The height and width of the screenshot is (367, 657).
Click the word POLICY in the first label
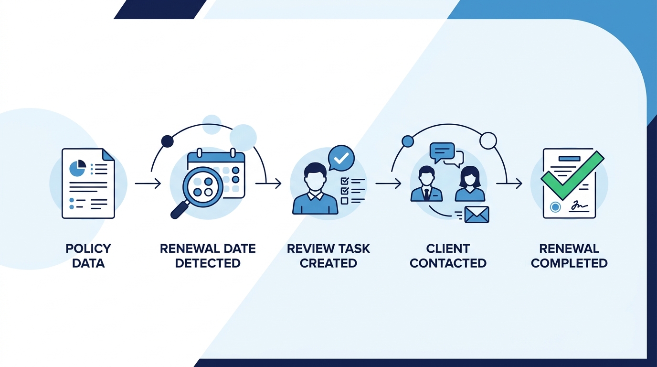(88, 248)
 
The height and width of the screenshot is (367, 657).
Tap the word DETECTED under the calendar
(208, 263)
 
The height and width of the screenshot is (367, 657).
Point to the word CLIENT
(448, 248)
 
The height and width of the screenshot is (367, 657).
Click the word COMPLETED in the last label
(569, 263)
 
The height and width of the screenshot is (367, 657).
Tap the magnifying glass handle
(180, 209)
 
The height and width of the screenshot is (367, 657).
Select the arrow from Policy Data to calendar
(148, 183)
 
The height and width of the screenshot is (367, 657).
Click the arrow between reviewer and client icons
(388, 183)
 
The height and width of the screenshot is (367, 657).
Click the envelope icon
(477, 215)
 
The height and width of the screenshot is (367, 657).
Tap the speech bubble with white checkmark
(341, 158)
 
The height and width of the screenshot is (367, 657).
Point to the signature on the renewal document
(579, 206)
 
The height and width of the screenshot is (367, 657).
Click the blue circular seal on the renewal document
(555, 207)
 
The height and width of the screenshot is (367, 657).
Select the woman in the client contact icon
(470, 184)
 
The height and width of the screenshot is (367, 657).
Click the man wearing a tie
(427, 184)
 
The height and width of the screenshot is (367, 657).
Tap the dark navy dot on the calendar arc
(168, 141)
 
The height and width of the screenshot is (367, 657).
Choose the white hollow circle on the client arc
(488, 140)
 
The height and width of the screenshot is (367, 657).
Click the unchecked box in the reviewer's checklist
(344, 201)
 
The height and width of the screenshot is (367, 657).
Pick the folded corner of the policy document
(108, 154)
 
